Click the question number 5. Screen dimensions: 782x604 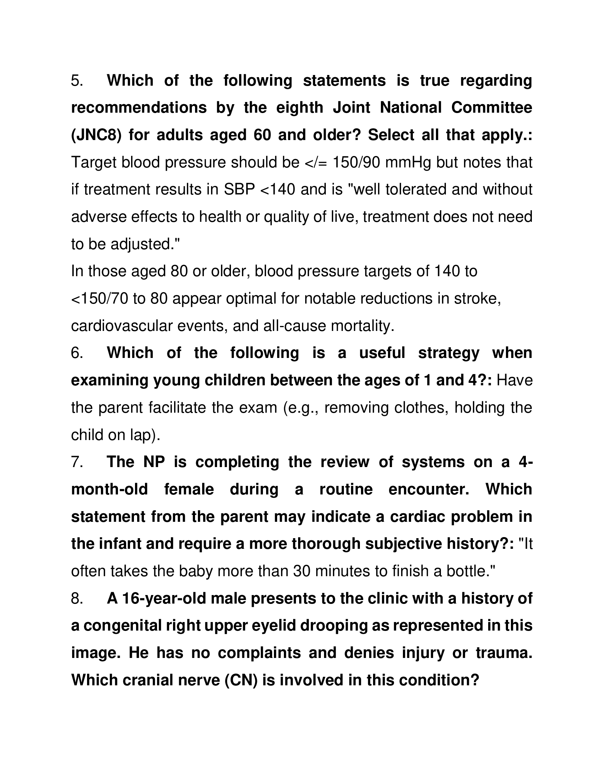(x=77, y=81)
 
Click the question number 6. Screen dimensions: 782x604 (x=77, y=353)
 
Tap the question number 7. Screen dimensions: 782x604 (x=77, y=462)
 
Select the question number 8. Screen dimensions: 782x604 (x=77, y=598)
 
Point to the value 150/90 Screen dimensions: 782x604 (x=356, y=162)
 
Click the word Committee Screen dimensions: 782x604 (x=491, y=108)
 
